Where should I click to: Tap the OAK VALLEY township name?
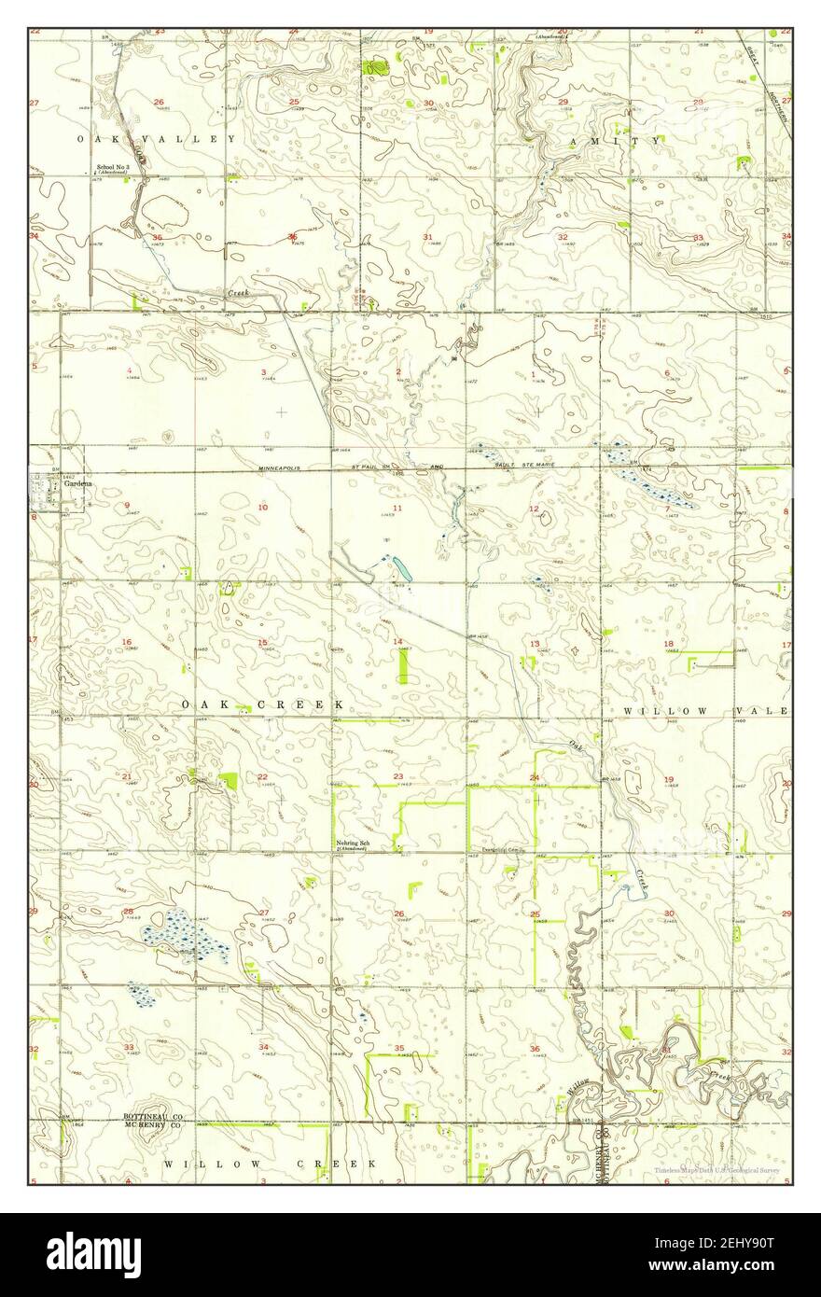157,139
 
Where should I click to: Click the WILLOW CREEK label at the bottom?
270,1164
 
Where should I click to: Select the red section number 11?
397,507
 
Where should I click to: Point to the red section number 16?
128,642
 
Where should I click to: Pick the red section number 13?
535,644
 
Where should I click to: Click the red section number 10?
263,507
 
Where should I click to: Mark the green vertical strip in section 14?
403,666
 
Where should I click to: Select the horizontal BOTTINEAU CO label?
154,1116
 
